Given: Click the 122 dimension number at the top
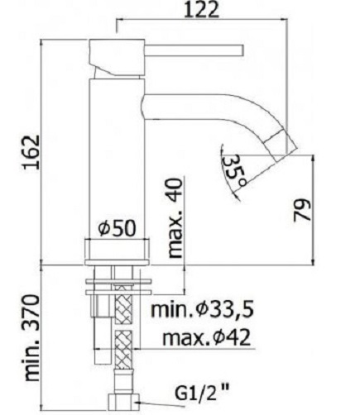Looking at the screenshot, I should [202, 10].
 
